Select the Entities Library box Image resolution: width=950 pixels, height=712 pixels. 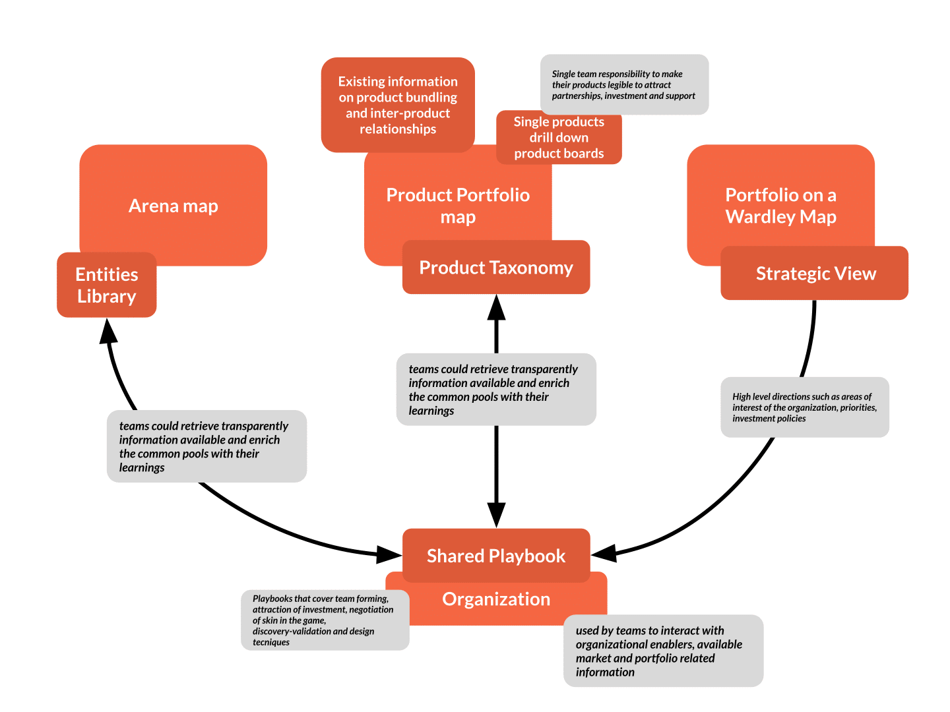[106, 285]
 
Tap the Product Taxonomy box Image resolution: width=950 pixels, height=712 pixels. [496, 268]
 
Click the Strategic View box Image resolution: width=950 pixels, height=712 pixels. [815, 274]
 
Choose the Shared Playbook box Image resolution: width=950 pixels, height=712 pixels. [496, 556]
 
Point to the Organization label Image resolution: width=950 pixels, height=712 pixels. [496, 599]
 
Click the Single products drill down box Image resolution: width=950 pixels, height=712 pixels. [559, 137]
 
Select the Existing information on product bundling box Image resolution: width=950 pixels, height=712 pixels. [398, 105]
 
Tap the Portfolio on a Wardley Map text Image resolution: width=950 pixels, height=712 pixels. [780, 206]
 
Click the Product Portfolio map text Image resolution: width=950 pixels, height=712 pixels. [458, 206]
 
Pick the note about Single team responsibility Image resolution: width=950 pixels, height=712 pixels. [624, 85]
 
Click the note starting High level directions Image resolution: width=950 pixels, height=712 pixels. [805, 407]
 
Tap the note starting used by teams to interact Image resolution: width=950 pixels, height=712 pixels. [663, 651]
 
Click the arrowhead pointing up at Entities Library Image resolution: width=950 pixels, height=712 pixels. [108, 332]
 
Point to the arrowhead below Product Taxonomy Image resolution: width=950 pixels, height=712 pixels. [496, 308]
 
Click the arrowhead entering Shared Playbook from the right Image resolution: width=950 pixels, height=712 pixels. [604, 553]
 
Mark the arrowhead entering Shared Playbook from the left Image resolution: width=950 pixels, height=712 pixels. [389, 554]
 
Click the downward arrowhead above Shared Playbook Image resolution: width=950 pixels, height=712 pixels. [496, 515]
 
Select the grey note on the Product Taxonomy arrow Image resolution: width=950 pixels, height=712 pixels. [496, 390]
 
